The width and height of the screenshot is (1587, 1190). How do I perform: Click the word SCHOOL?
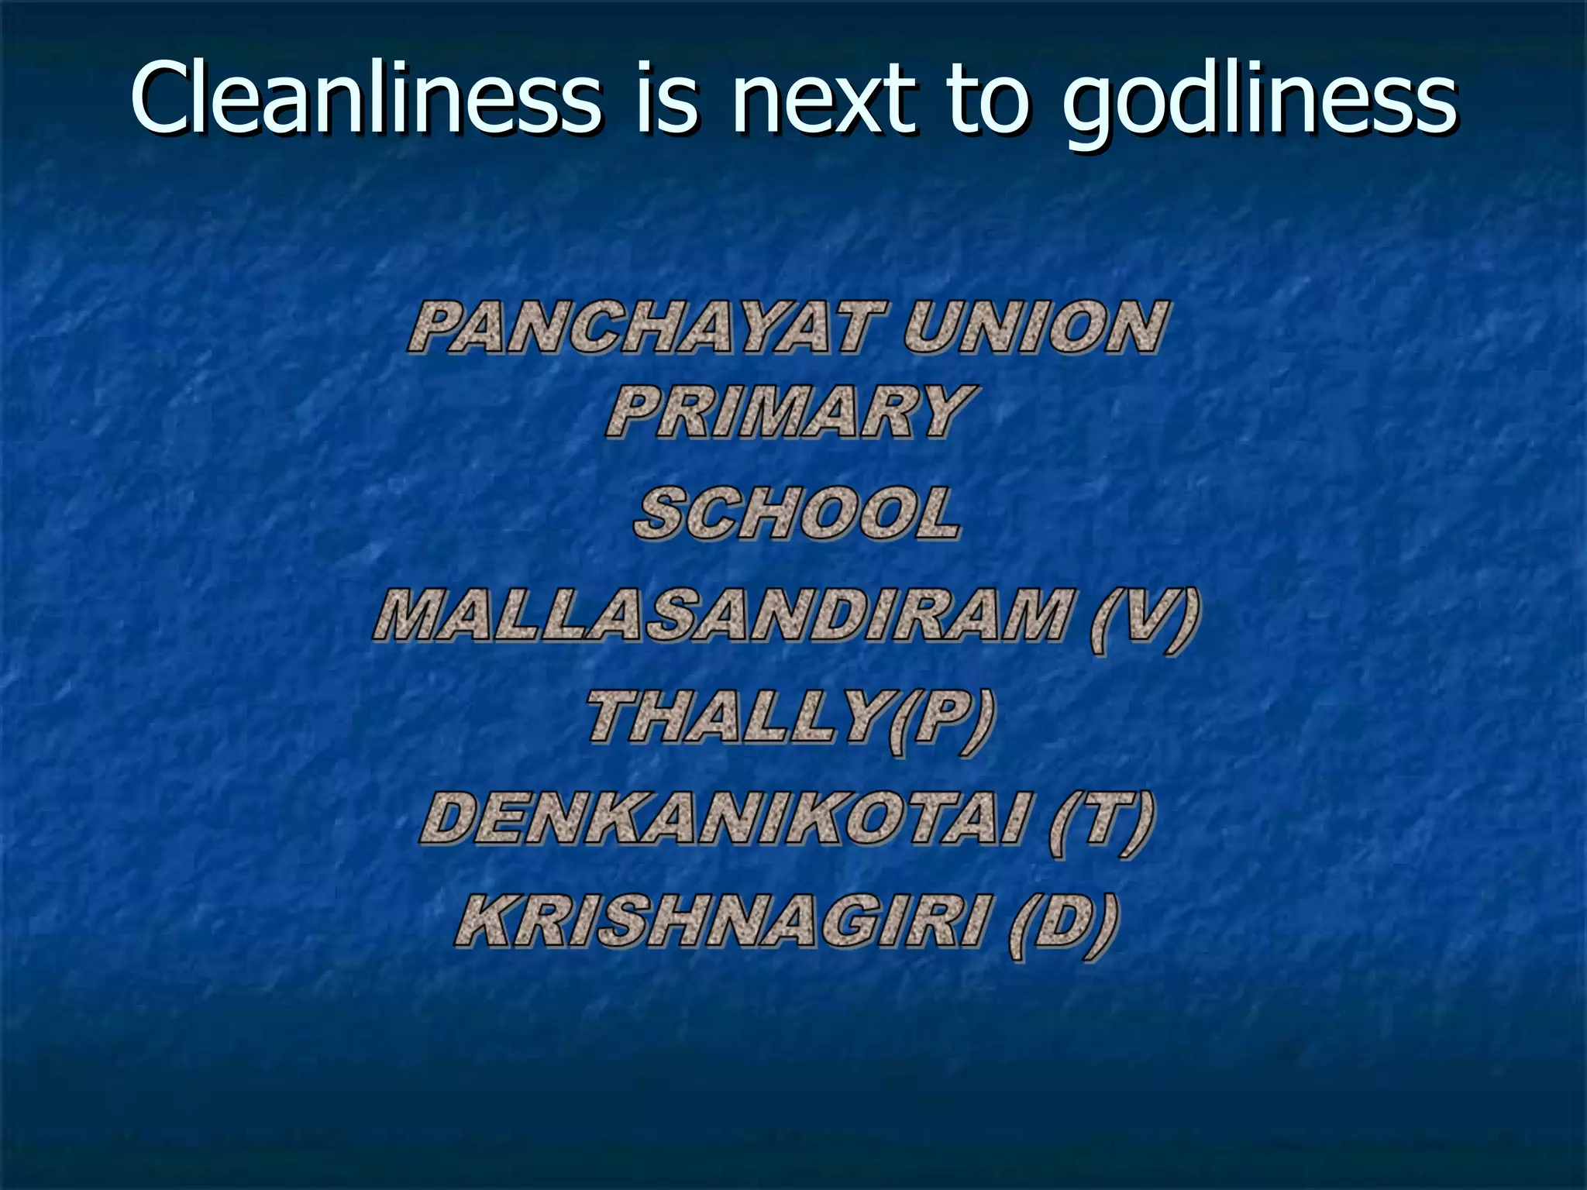coord(797,513)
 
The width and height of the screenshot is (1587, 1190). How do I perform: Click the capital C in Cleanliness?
coord(160,99)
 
